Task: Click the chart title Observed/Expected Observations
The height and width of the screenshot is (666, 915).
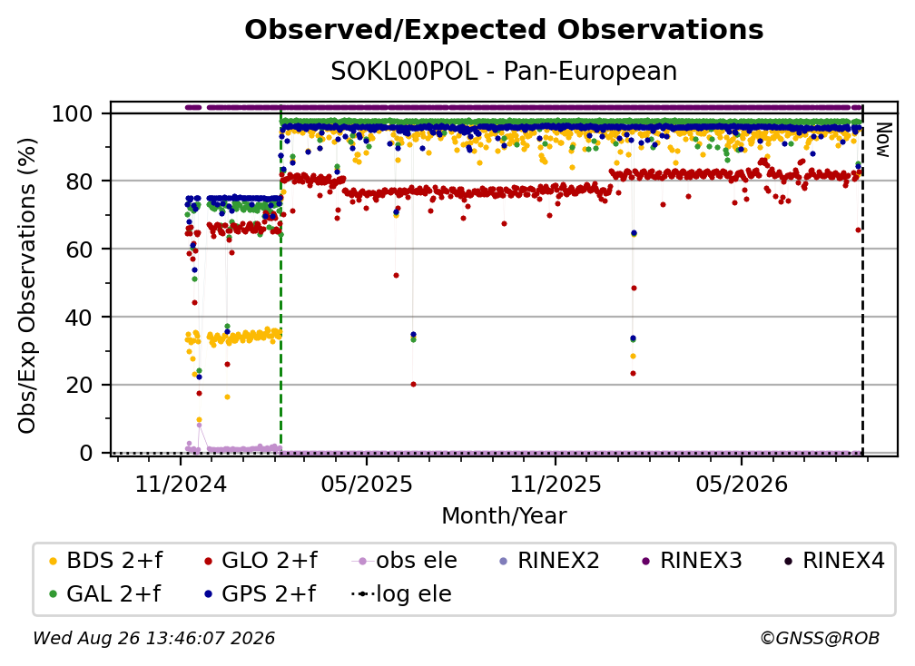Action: tap(504, 30)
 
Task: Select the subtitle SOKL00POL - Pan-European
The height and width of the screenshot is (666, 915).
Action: tap(504, 72)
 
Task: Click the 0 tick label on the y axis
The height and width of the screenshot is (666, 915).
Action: tap(85, 453)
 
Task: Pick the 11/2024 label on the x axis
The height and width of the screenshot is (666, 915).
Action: tap(181, 484)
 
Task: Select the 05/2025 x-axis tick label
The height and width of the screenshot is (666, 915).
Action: tap(367, 484)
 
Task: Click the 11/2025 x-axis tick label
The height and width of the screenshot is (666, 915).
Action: tap(556, 484)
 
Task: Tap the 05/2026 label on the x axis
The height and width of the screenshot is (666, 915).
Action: tap(742, 484)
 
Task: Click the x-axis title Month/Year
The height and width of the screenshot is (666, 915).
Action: tap(504, 516)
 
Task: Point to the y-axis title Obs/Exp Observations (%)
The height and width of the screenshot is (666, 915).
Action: tap(27, 286)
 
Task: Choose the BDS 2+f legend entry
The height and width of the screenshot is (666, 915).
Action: tap(106, 561)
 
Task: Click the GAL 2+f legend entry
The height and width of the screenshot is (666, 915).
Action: tap(105, 593)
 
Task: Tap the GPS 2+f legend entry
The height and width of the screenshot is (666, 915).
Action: tap(261, 593)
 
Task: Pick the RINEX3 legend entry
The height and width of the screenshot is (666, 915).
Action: tap(692, 561)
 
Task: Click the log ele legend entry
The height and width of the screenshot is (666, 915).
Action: tap(402, 593)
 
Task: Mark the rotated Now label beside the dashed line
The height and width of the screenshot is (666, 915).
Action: tap(883, 140)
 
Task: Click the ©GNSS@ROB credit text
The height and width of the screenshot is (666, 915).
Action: tap(820, 638)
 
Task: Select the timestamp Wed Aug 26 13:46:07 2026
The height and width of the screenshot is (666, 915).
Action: tap(154, 638)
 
